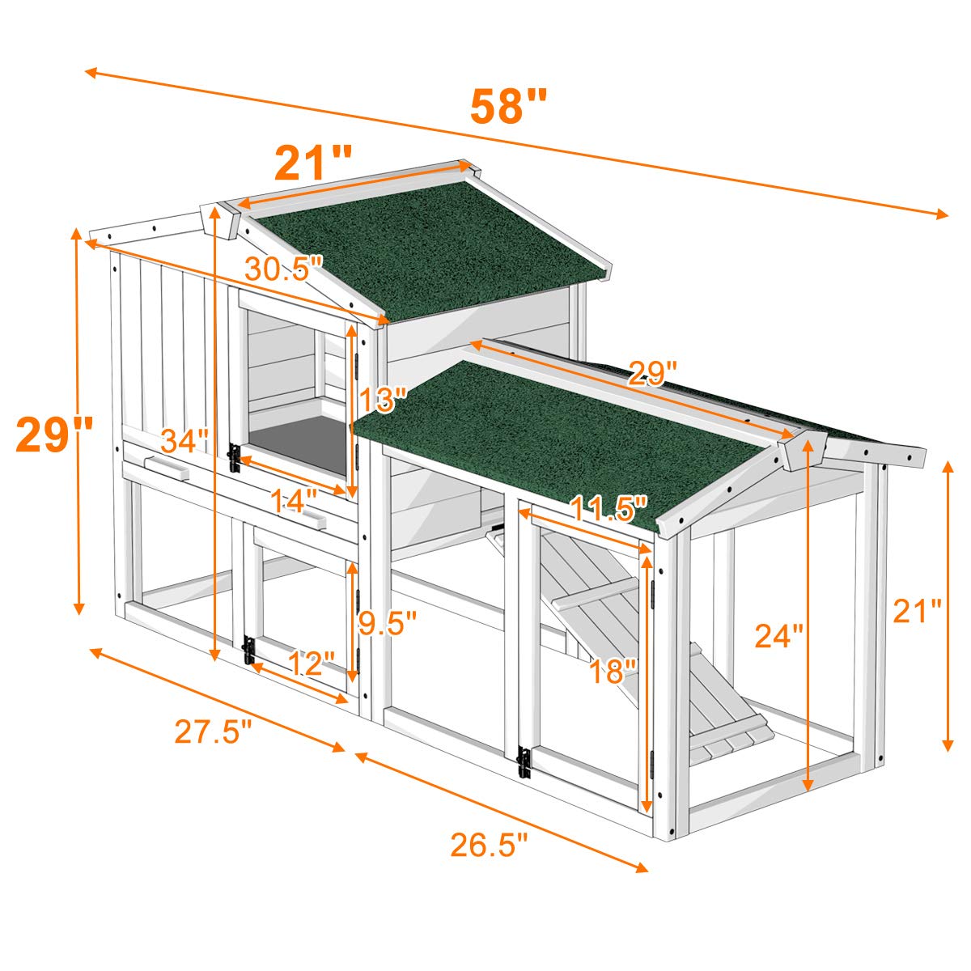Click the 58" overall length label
509,107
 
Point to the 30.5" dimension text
284,268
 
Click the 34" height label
184,442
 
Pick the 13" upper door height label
381,399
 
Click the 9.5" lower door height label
388,621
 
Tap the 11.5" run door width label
608,509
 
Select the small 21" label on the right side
917,612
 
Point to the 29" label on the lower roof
653,373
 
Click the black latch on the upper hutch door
235,458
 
